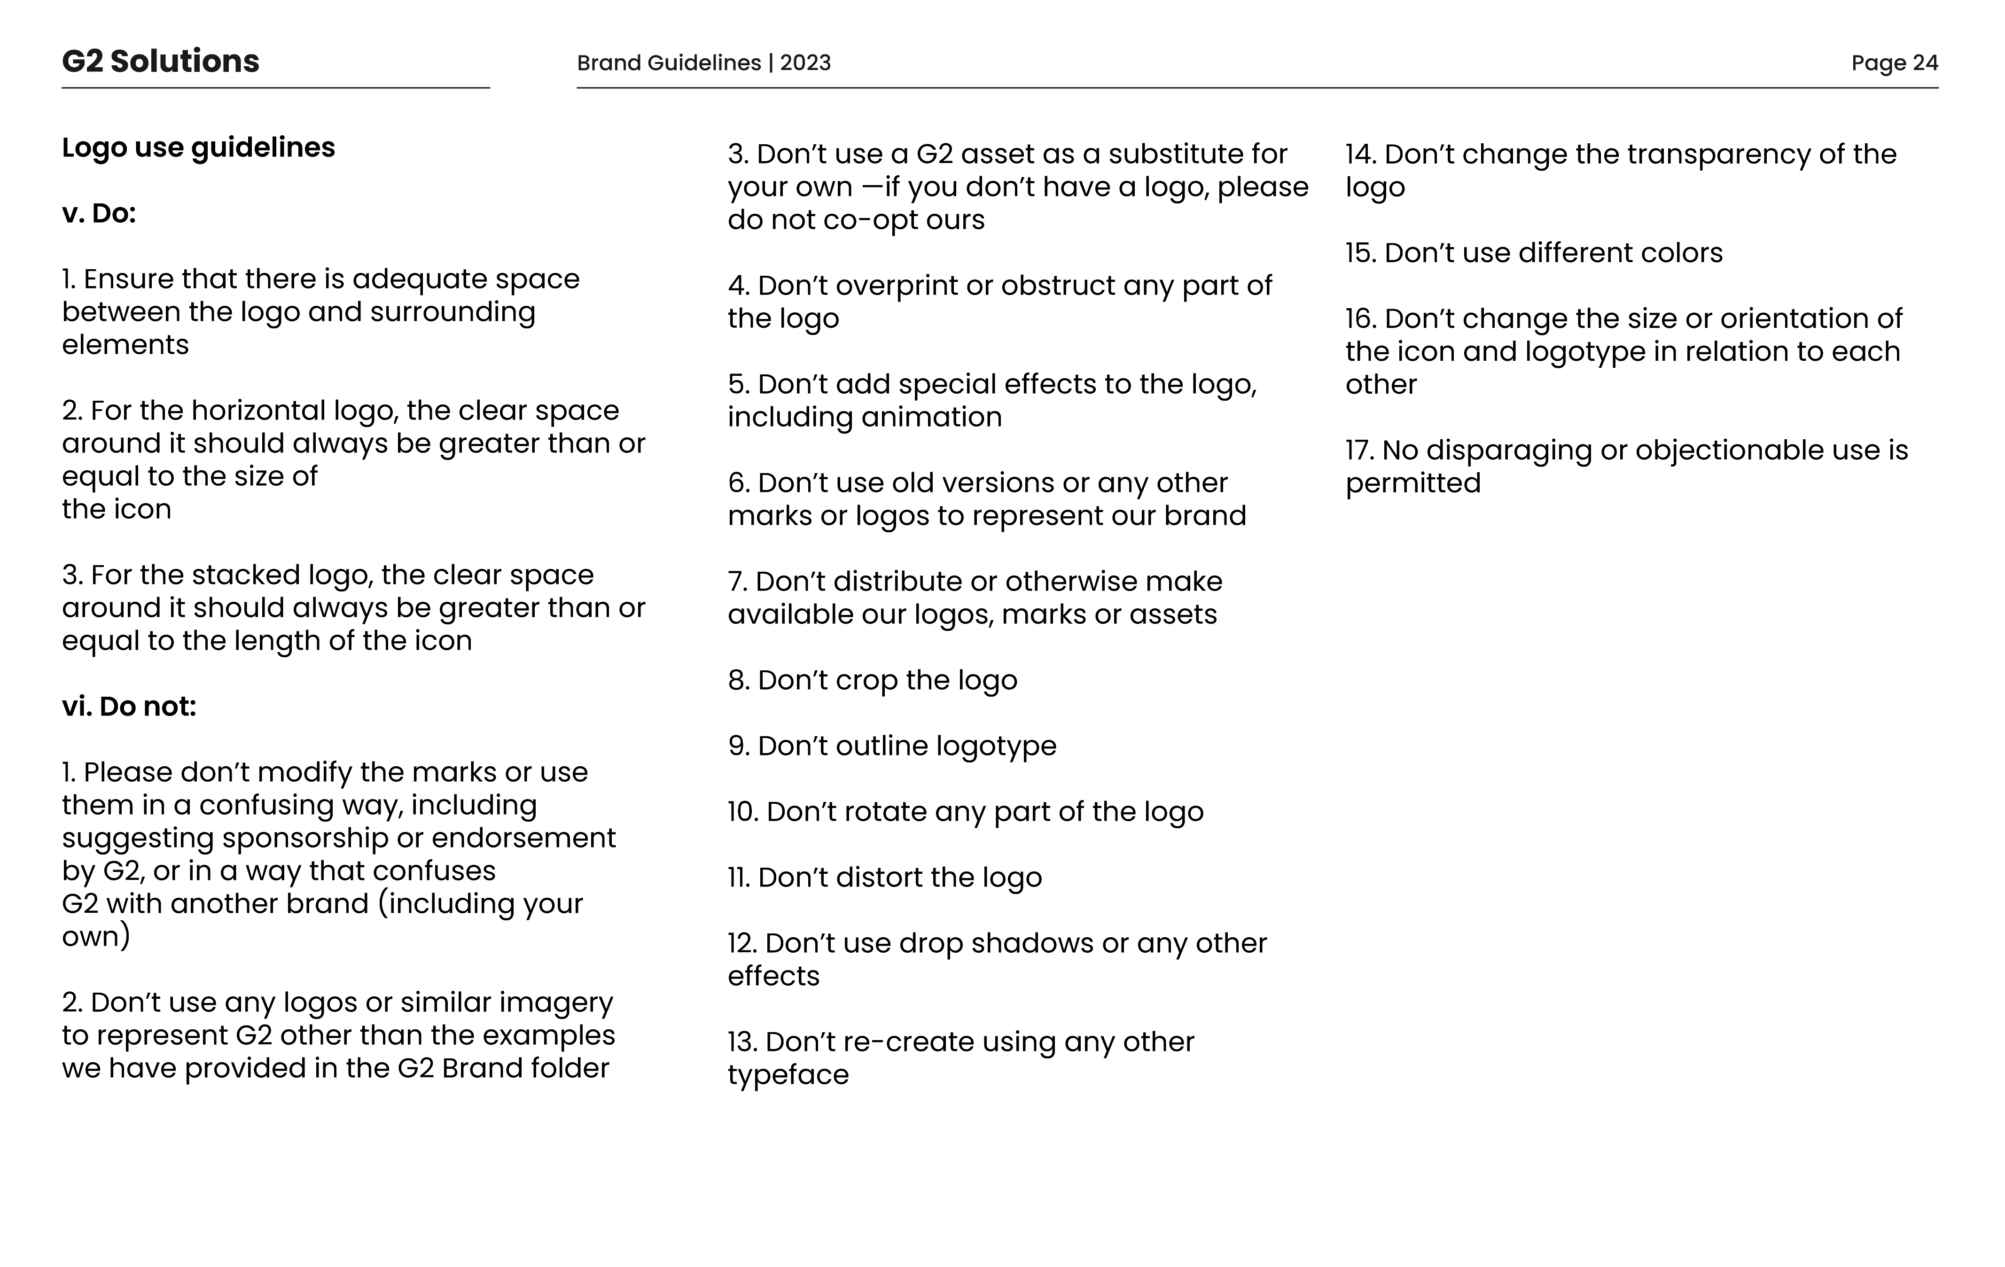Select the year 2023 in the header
click(x=805, y=63)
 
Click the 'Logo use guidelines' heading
click(x=198, y=148)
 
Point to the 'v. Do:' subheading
click(x=98, y=214)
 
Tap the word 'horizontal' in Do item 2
click(x=250, y=411)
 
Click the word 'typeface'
click(x=788, y=1075)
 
